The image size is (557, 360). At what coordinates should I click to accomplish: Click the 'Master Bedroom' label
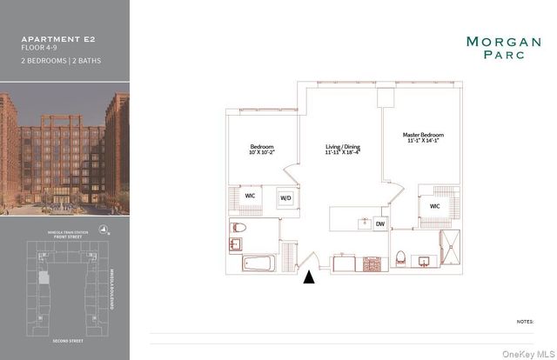(423, 136)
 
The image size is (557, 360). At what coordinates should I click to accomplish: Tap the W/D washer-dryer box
(285, 197)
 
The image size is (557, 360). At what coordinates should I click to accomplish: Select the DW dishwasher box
(379, 223)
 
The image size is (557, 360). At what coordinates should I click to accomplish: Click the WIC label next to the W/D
(250, 196)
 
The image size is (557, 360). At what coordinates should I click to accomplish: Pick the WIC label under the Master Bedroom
(434, 206)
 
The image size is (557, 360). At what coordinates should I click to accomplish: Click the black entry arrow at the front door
(308, 277)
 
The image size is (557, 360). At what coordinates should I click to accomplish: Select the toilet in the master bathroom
(400, 257)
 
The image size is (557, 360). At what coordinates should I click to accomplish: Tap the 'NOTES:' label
(525, 321)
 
